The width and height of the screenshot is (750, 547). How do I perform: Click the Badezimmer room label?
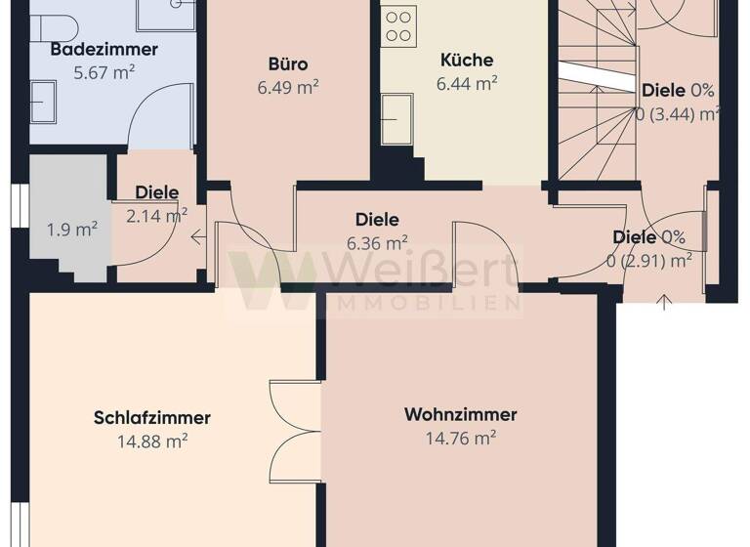91,50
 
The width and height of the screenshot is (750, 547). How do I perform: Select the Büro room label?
288,64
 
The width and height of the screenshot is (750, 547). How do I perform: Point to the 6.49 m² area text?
288,86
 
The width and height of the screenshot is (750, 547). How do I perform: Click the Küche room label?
467,61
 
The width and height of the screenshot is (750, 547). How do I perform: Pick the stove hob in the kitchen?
398,24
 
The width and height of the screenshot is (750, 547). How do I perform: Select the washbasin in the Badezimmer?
43,100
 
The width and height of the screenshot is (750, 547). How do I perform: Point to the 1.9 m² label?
72,230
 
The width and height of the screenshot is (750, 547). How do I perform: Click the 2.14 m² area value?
156,215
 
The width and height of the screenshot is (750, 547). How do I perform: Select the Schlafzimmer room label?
151,418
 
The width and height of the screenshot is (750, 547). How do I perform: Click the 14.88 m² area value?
151,441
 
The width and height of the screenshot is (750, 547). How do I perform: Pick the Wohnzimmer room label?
460,415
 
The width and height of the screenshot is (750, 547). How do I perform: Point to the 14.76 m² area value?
460,438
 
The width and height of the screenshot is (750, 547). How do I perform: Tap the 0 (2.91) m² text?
649,259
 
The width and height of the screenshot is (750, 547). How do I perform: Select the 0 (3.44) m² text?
677,113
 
